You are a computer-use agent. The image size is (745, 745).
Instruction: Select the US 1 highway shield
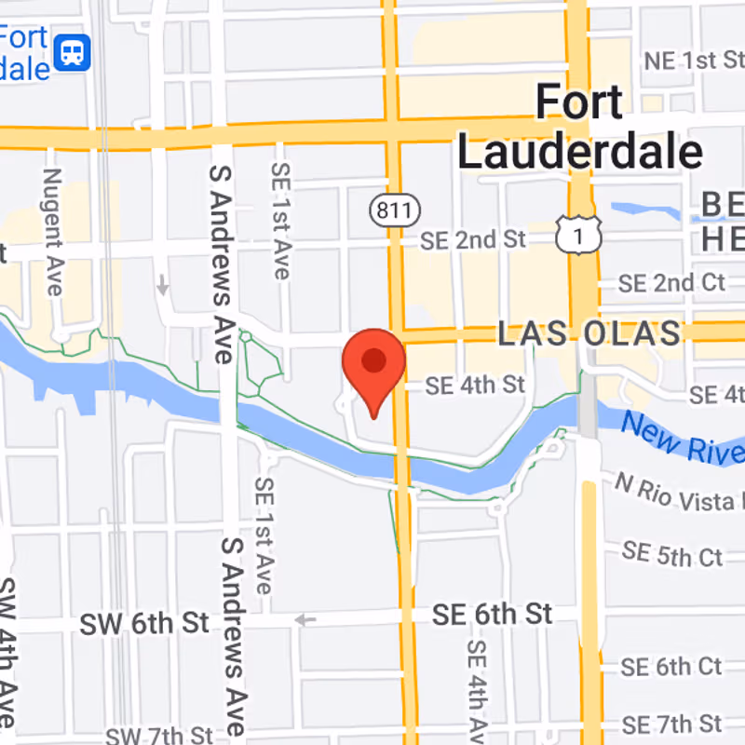pos(578,238)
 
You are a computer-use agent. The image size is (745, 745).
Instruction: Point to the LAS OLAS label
pos(589,333)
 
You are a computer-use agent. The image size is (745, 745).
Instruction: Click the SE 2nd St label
pos(473,239)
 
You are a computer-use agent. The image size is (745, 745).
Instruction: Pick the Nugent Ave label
pos(52,232)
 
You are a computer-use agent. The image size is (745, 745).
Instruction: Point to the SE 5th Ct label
pos(672,554)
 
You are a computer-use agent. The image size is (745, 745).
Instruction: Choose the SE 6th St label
pos(492,615)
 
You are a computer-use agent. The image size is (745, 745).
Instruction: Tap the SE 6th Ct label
pos(670,667)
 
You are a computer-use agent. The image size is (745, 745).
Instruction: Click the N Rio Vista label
pos(678,494)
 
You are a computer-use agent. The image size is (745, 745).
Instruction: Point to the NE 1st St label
pos(693,61)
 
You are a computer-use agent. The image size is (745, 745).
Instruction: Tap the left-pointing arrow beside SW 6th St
pos(305,619)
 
